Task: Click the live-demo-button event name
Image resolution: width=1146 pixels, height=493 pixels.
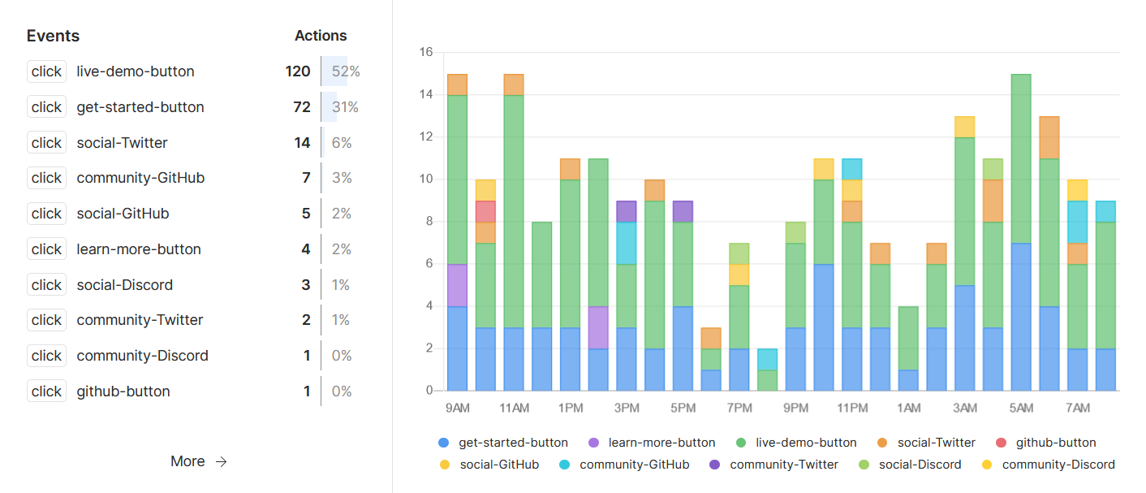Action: [x=136, y=71]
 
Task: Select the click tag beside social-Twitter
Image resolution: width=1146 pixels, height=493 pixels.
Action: [x=46, y=143]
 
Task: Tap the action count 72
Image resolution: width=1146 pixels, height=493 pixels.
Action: [x=302, y=107]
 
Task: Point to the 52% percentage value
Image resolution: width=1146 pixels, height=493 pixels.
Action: [x=346, y=71]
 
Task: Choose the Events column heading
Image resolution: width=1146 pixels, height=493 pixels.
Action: [x=53, y=36]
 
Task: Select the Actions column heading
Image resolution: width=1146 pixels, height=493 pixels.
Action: [x=321, y=36]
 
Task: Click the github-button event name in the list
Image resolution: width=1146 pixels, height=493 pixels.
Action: [x=123, y=391]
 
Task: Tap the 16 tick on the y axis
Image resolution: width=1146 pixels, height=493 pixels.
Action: [x=426, y=53]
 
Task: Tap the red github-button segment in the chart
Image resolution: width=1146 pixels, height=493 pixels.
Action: [x=485, y=211]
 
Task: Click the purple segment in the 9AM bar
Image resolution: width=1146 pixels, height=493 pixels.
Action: [x=457, y=285]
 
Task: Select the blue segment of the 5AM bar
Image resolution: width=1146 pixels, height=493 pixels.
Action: [x=1021, y=317]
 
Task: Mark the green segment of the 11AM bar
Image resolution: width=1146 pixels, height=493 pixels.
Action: [x=514, y=211]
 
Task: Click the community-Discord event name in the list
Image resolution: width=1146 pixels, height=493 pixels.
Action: [x=142, y=356]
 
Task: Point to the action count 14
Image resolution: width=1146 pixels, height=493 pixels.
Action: [x=302, y=143]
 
